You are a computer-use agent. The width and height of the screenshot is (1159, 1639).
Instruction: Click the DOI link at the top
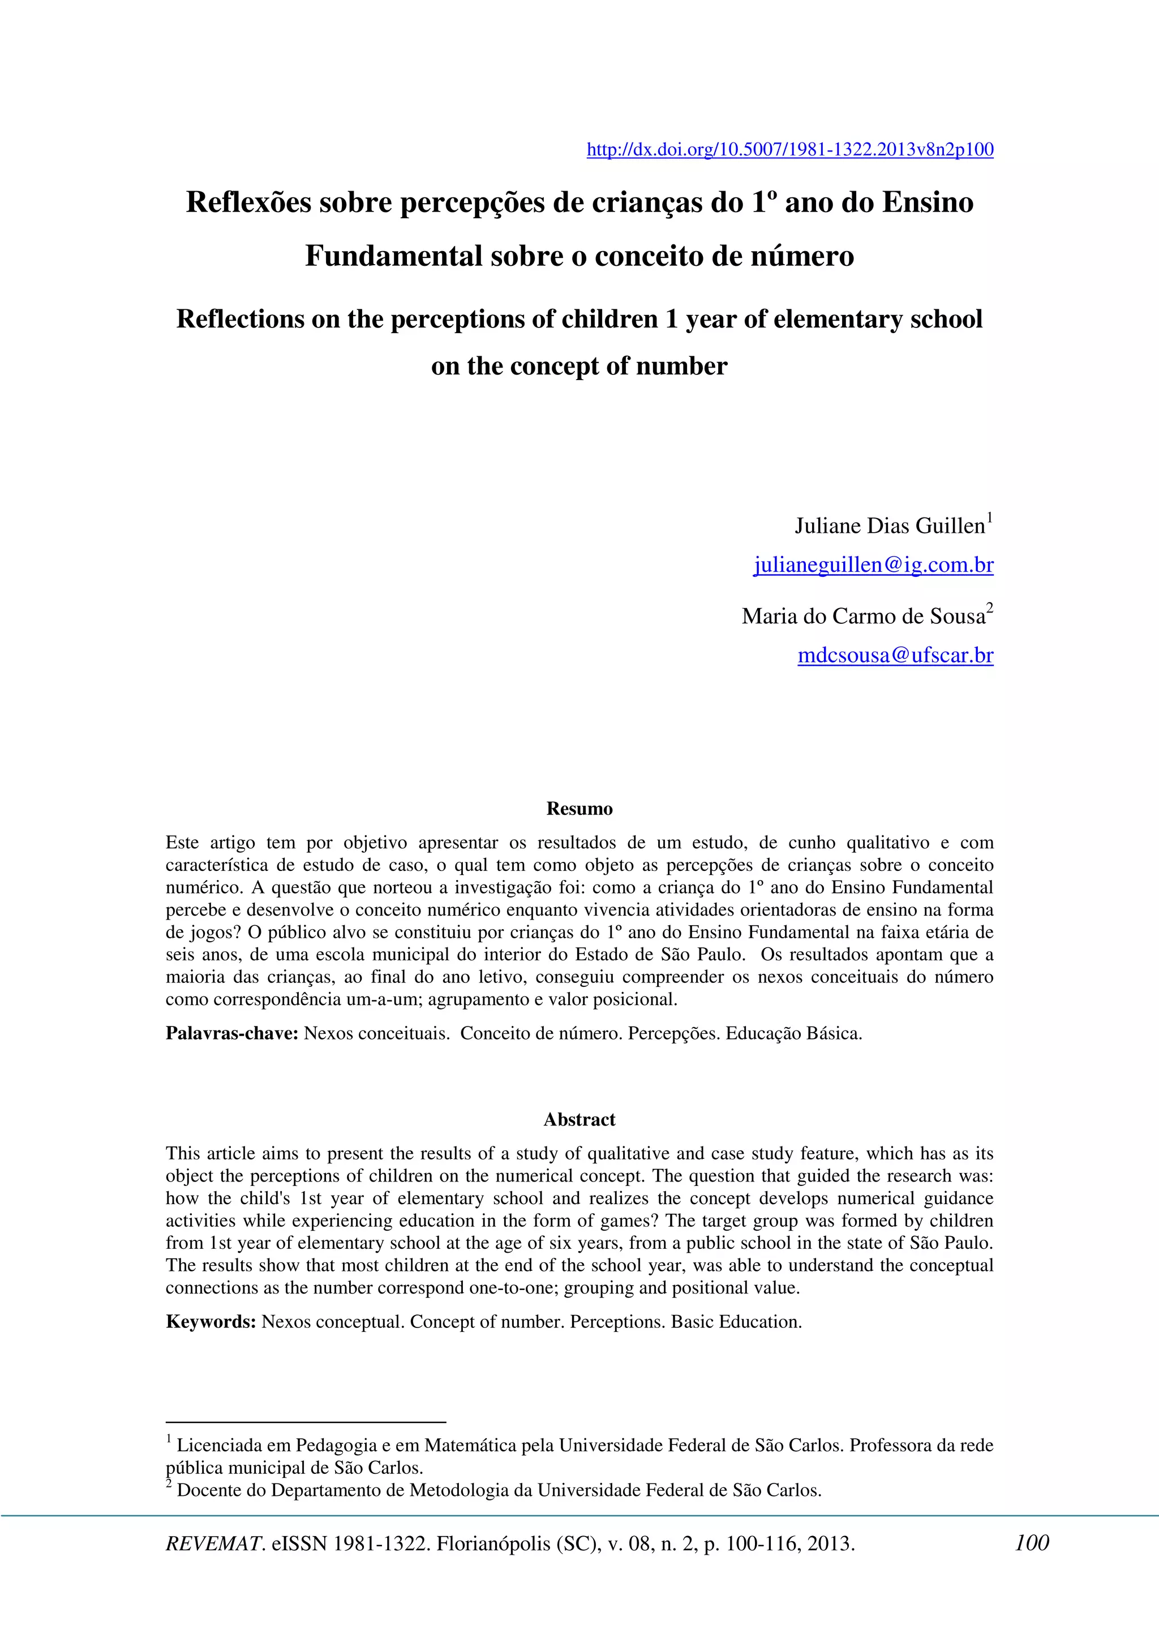[790, 150]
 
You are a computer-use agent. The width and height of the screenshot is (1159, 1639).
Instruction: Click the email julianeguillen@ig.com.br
[873, 566]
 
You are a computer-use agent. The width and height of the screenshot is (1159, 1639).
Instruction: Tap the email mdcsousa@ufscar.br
[895, 655]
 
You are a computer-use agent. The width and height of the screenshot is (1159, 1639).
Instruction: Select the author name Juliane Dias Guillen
[889, 526]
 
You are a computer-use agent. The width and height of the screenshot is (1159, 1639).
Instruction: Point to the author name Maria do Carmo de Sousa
[862, 616]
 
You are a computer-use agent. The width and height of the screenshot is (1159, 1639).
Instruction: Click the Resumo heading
[579, 809]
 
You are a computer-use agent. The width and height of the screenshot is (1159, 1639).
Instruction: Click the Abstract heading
[579, 1119]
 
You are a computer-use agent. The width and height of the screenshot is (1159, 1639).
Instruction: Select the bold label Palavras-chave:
[231, 1034]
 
